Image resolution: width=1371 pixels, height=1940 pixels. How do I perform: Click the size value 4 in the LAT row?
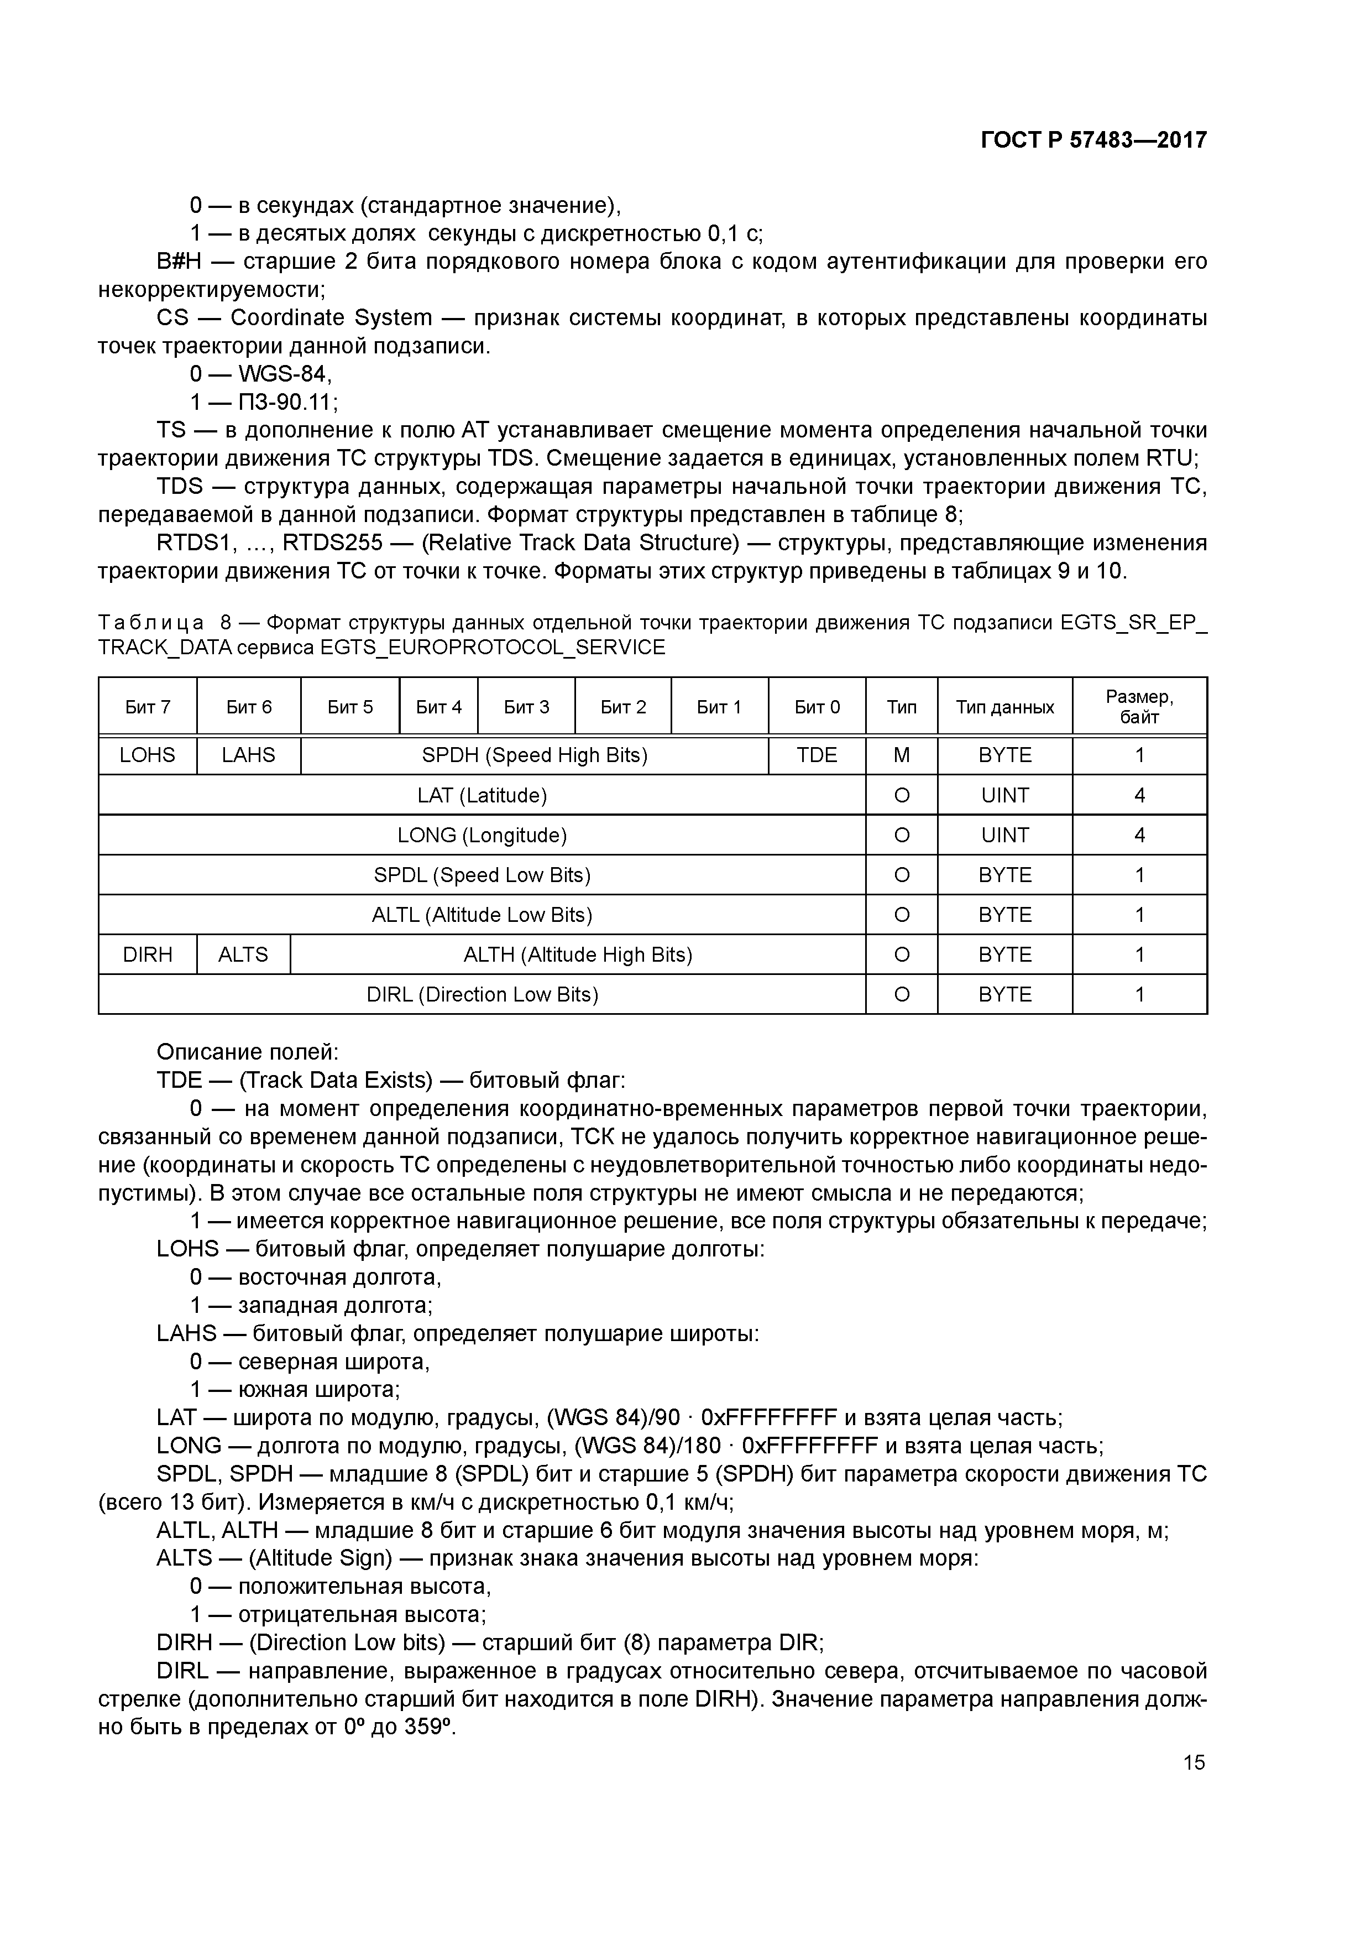point(1139,795)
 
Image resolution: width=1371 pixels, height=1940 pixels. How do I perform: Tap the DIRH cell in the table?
point(147,954)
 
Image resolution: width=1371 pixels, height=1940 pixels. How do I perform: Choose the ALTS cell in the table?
point(243,954)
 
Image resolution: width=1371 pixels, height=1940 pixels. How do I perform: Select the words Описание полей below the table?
point(247,1052)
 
